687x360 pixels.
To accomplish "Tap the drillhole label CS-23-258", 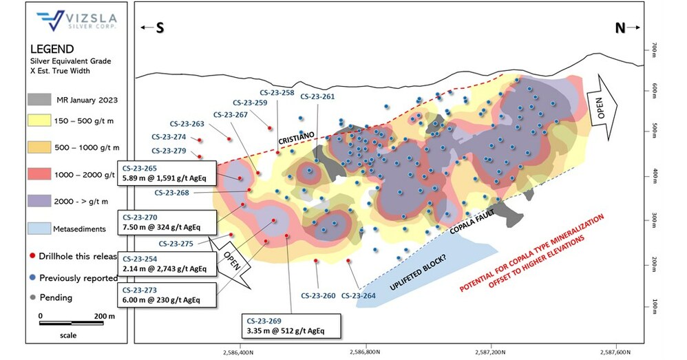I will (x=277, y=92).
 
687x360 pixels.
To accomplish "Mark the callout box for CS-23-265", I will (x=168, y=173).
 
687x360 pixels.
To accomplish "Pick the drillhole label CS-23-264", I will (x=359, y=296).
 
